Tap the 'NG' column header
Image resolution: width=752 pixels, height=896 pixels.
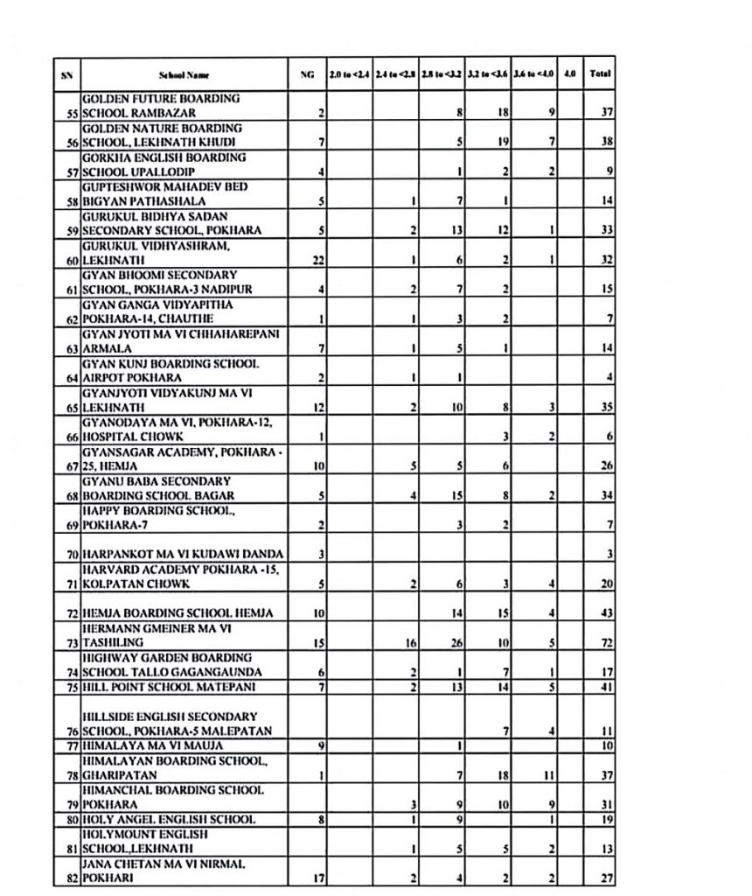click(306, 75)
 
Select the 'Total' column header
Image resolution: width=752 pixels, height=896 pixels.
click(600, 75)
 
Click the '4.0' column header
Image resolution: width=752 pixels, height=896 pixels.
click(569, 75)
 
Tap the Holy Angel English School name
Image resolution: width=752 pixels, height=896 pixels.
click(168, 820)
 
